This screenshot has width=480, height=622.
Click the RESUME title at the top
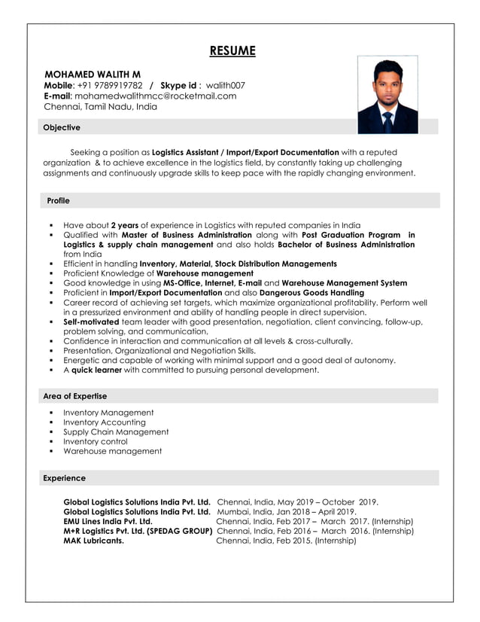click(x=232, y=51)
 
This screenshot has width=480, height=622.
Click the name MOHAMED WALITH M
click(x=93, y=75)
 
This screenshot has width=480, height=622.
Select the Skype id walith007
click(x=226, y=85)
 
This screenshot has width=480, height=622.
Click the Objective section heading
click(x=62, y=127)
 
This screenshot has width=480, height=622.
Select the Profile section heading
click(x=58, y=201)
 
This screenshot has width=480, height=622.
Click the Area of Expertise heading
click(x=75, y=396)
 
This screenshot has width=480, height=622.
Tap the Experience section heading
click(x=65, y=478)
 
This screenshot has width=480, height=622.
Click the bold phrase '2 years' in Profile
click(x=124, y=225)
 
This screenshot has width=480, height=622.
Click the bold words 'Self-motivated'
click(x=91, y=322)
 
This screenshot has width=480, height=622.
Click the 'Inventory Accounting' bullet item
click(x=105, y=422)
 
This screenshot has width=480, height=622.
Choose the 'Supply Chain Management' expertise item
click(x=116, y=432)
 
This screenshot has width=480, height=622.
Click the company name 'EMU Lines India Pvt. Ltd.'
click(x=108, y=521)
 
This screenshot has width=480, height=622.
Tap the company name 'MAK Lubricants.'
click(x=94, y=540)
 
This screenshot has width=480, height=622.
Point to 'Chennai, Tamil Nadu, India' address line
click(x=101, y=107)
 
